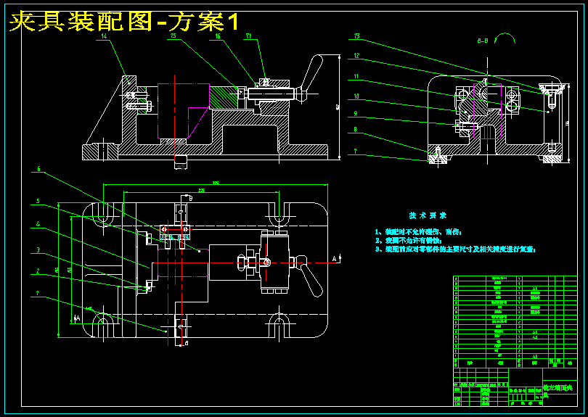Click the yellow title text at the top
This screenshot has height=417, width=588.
click(123, 22)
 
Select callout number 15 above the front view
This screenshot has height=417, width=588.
click(173, 36)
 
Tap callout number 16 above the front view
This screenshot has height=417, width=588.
click(218, 36)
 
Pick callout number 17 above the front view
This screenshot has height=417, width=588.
click(248, 36)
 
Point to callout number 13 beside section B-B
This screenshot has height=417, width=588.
click(356, 36)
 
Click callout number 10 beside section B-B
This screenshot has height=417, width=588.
click(356, 96)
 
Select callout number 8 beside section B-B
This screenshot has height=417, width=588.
click(356, 131)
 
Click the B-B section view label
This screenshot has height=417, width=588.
click(482, 42)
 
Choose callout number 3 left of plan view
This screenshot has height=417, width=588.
click(38, 249)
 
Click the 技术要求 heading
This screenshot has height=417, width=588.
click(428, 215)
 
